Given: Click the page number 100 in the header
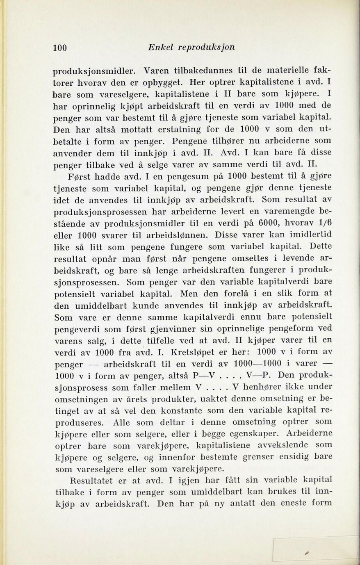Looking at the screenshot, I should pos(60,47).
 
